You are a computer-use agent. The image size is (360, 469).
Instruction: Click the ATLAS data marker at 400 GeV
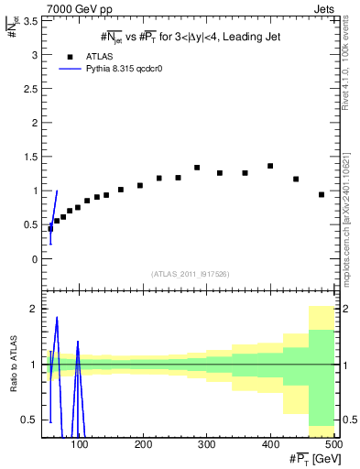[x=270, y=166]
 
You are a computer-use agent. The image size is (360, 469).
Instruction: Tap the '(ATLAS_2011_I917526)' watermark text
[x=190, y=274]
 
